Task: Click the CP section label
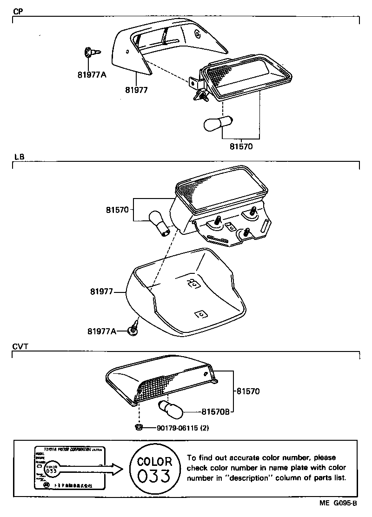point(18,12)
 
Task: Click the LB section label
point(19,157)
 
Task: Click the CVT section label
point(20,346)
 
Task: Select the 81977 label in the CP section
point(136,90)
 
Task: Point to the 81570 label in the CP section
point(241,146)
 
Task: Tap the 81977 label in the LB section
point(102,292)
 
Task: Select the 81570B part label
point(217,411)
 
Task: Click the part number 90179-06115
point(177,428)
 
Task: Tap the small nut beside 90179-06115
point(139,427)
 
